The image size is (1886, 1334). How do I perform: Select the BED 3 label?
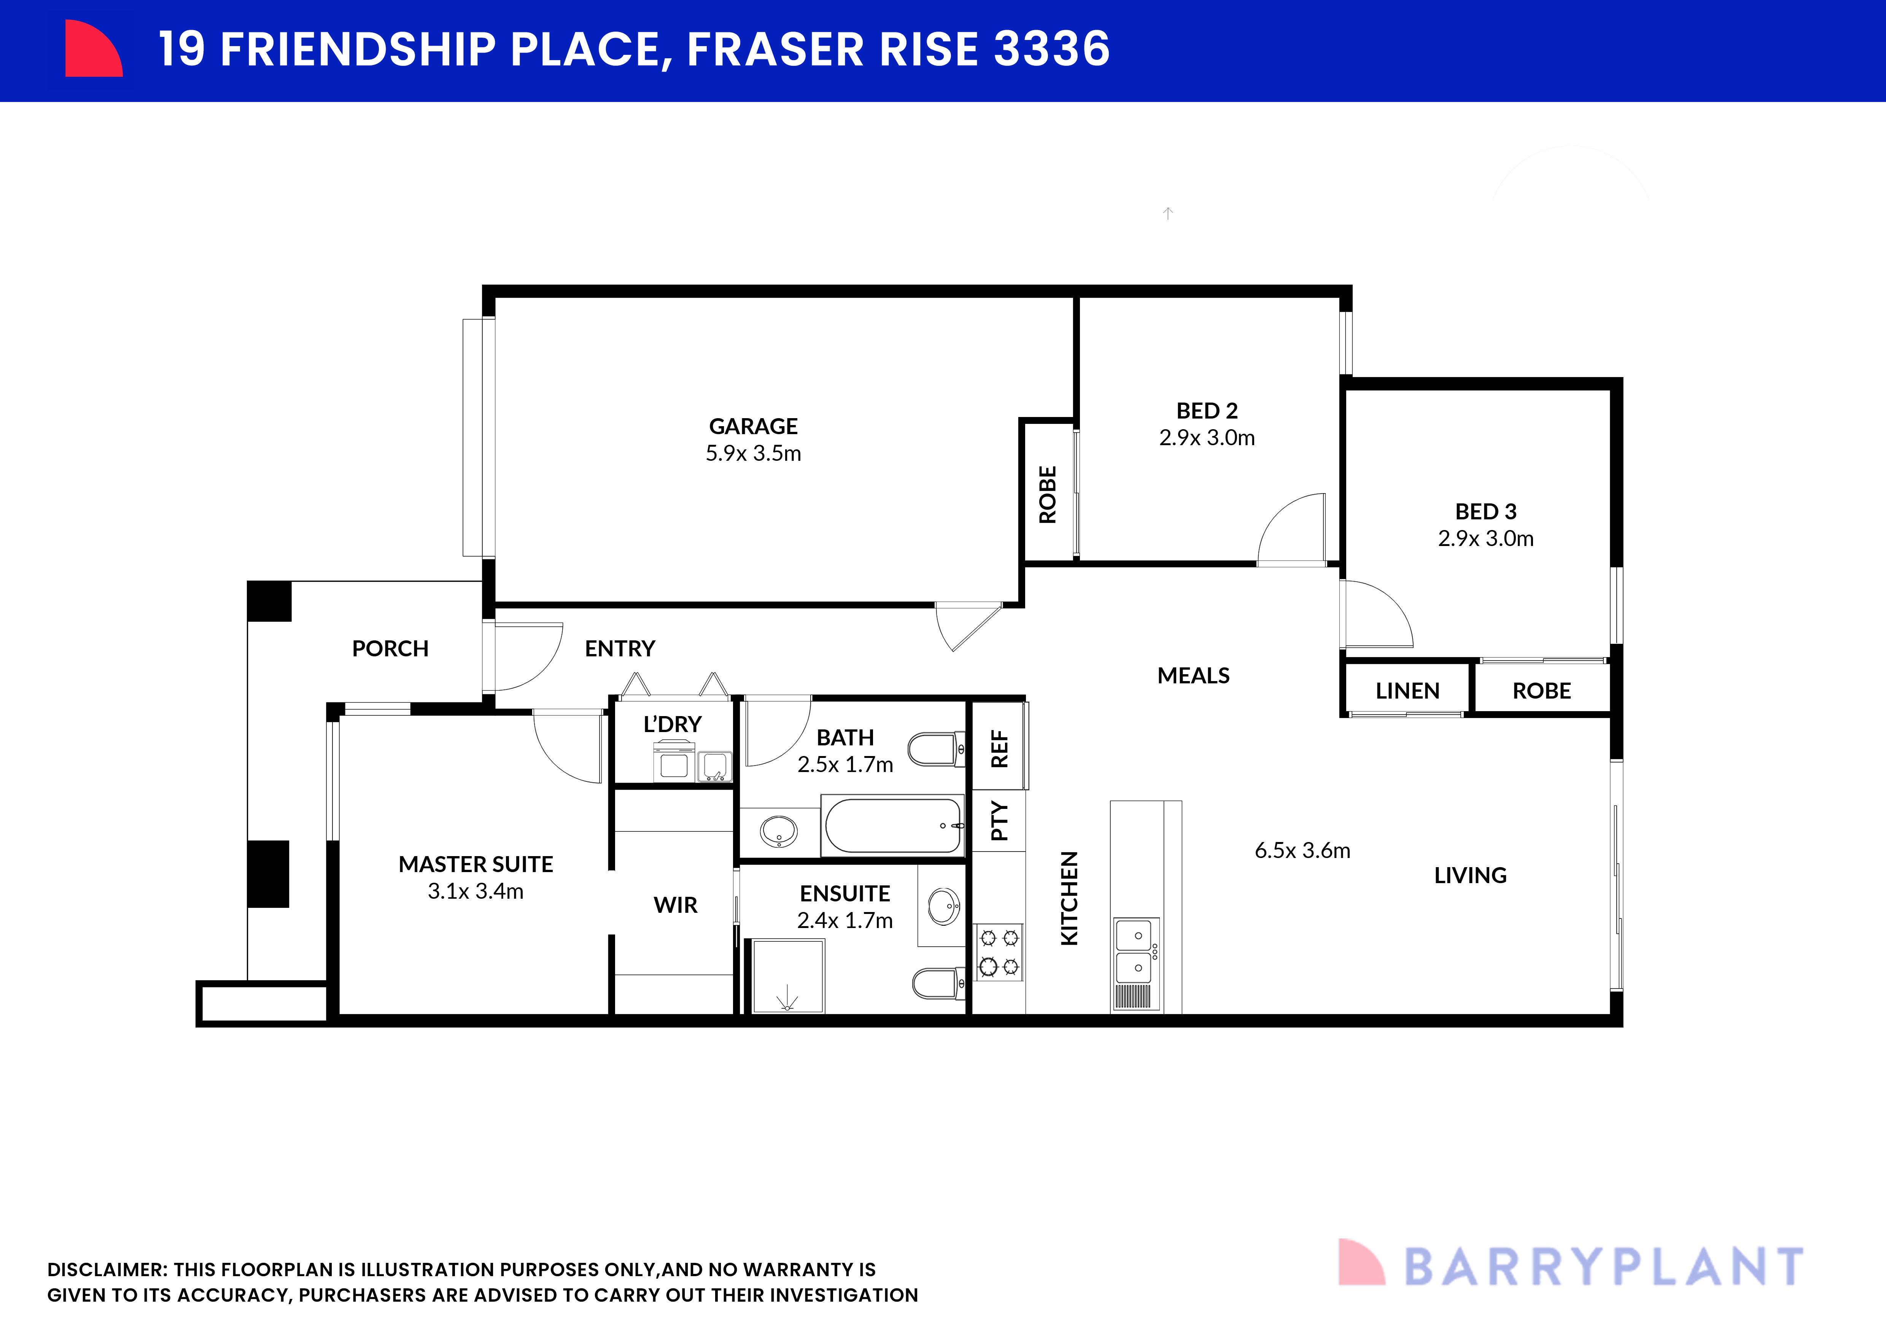tap(1485, 512)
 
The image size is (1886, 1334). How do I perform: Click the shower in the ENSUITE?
tap(787, 976)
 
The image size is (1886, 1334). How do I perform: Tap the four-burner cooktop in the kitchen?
tap(999, 952)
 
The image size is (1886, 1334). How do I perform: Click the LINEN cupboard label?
tap(1407, 691)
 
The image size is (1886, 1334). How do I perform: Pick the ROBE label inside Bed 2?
tap(1047, 495)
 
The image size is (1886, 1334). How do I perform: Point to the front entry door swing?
tap(526, 657)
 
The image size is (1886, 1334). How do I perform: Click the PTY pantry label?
tap(999, 821)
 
